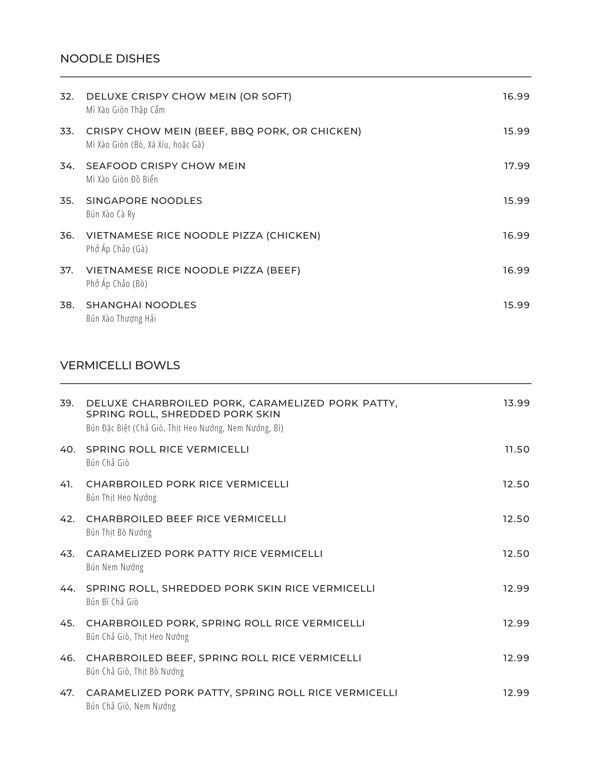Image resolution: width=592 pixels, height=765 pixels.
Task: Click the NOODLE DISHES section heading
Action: [110, 59]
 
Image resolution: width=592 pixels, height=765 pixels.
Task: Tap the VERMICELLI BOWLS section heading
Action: [120, 366]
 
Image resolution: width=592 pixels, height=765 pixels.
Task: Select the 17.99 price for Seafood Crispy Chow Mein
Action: [517, 166]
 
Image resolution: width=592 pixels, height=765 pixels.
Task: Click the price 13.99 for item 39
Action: [516, 403]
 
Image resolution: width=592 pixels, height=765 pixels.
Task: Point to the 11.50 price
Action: [517, 449]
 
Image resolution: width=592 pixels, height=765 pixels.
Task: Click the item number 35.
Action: [67, 201]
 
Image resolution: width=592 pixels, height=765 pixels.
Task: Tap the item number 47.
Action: [67, 693]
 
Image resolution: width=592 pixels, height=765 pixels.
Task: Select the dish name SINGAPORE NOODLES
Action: [144, 201]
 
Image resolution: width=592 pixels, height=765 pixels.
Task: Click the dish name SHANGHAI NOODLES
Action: [141, 305]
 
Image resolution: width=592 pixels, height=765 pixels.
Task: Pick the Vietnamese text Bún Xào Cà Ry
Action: [111, 214]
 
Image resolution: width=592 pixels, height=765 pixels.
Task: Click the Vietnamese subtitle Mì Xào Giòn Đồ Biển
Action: [122, 179]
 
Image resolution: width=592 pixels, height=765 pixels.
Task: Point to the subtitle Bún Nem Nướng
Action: [115, 567]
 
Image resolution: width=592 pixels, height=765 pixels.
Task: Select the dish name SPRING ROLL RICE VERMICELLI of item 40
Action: [167, 449]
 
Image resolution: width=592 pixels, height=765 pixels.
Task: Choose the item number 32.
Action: [67, 96]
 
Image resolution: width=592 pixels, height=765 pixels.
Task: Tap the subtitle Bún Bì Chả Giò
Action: [112, 602]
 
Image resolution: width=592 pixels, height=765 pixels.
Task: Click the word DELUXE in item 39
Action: [107, 403]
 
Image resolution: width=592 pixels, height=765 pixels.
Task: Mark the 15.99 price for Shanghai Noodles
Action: [516, 305]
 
